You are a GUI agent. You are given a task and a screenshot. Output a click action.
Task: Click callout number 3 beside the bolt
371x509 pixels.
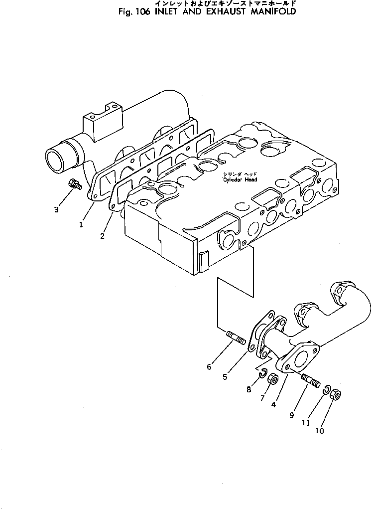pyautogui.click(x=56, y=210)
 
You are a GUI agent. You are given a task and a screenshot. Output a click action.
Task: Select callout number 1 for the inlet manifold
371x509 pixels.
pyautogui.click(x=81, y=224)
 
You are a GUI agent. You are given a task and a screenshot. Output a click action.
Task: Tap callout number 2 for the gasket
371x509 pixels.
pyautogui.click(x=102, y=236)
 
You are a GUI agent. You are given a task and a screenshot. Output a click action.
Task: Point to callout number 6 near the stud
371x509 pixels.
pyautogui.click(x=209, y=367)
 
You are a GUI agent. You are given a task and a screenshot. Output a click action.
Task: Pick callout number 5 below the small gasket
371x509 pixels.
pyautogui.click(x=225, y=377)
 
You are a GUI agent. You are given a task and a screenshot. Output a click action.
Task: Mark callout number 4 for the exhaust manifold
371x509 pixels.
pyautogui.click(x=274, y=405)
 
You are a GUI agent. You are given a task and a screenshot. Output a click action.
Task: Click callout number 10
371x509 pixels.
pyautogui.click(x=320, y=431)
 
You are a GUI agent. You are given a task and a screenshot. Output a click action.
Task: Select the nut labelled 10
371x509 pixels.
pyautogui.click(x=336, y=395)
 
